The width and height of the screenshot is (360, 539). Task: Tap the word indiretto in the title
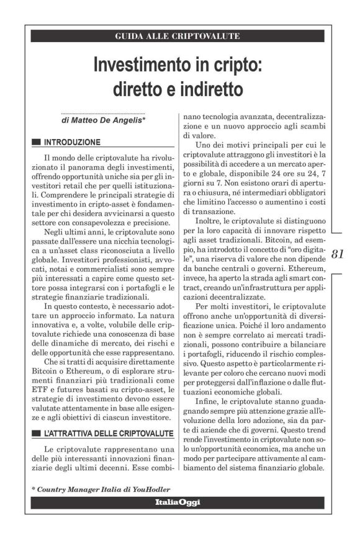207,89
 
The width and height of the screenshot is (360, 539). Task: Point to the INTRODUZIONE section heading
72,142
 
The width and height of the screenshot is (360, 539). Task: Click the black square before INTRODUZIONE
36,142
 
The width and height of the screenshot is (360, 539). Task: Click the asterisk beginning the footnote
34,489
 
